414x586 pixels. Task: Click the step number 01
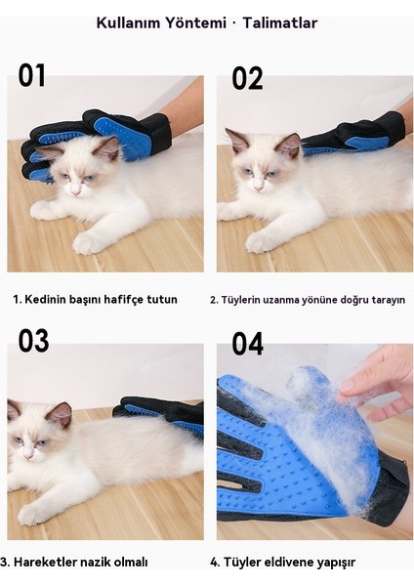click(32, 75)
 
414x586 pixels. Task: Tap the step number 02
click(247, 78)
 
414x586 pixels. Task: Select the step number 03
click(33, 341)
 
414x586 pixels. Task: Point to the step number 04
click(248, 344)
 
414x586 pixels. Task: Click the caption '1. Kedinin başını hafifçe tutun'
click(96, 299)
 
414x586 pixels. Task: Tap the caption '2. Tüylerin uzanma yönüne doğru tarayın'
click(308, 299)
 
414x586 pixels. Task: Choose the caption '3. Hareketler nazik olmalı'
click(74, 562)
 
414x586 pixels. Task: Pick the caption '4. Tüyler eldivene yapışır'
click(283, 562)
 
